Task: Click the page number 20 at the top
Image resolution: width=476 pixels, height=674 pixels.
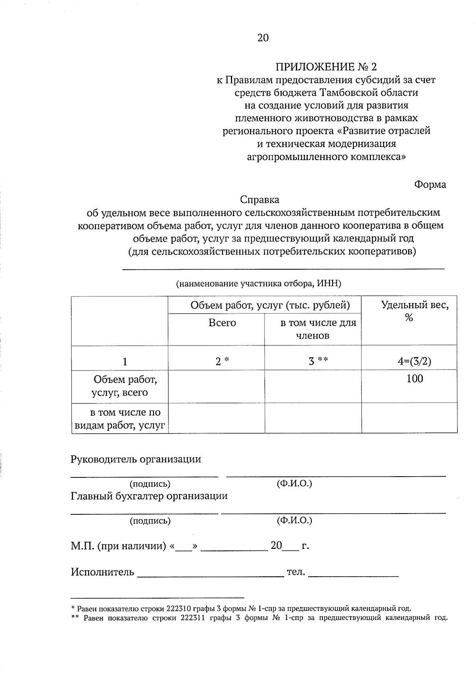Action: pyautogui.click(x=263, y=38)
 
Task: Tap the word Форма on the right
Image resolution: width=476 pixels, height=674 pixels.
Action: pyautogui.click(x=430, y=185)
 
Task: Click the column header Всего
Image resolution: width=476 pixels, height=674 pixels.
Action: pyautogui.click(x=222, y=323)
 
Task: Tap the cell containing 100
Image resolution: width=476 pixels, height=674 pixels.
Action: pyautogui.click(x=415, y=379)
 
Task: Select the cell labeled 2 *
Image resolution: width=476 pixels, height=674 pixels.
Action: pyautogui.click(x=222, y=361)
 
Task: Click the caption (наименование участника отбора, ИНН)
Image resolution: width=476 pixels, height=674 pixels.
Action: pyautogui.click(x=259, y=284)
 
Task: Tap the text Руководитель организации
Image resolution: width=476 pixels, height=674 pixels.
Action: pyautogui.click(x=136, y=459)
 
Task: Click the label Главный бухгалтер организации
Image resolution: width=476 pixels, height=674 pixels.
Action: pyautogui.click(x=149, y=496)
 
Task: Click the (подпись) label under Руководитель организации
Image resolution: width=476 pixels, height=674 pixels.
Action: pyautogui.click(x=150, y=484)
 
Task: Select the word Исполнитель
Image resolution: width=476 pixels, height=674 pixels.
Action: pyautogui.click(x=103, y=572)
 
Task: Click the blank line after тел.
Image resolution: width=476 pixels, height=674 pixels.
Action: pyautogui.click(x=353, y=574)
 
